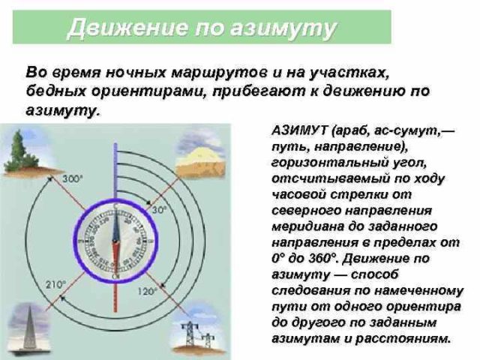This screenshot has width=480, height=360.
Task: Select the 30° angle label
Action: click(x=159, y=211)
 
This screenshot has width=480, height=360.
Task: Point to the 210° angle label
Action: click(x=55, y=283)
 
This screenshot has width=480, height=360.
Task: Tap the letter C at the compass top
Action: click(x=116, y=204)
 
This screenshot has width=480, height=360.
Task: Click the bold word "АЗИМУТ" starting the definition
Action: click(x=298, y=131)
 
